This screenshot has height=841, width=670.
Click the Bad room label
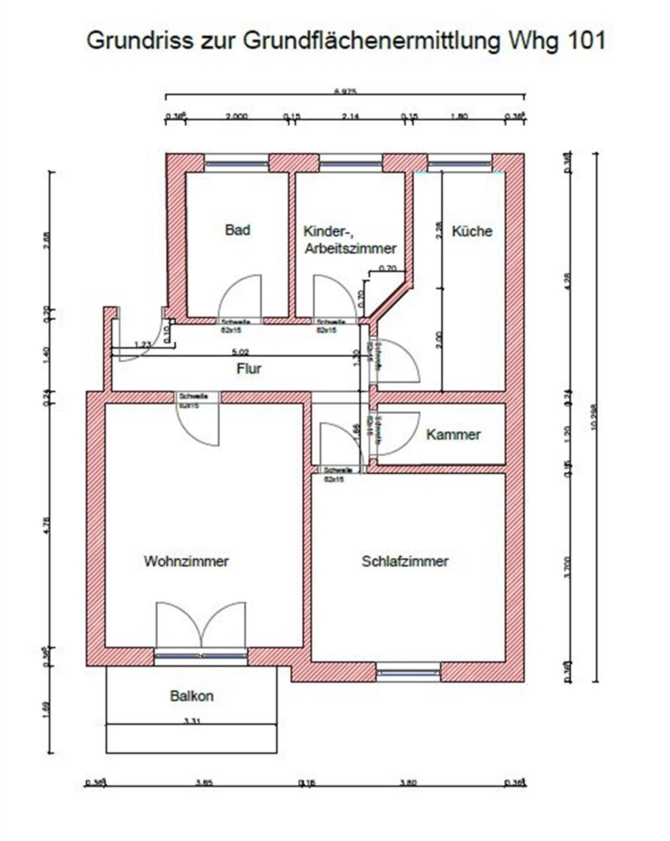pos(237,230)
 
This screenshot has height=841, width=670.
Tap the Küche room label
pos(472,231)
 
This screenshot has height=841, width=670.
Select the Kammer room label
pos(453,435)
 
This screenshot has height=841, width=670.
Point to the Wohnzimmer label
pos(186,561)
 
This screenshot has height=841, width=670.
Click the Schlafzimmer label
pos(405,561)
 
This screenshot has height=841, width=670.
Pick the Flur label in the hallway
pos(249,369)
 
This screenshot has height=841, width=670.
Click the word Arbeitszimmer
pos(350,248)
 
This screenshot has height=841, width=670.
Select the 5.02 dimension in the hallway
pos(240,352)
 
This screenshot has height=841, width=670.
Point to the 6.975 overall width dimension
pos(345,92)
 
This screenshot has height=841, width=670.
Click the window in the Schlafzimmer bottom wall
pos(408,673)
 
